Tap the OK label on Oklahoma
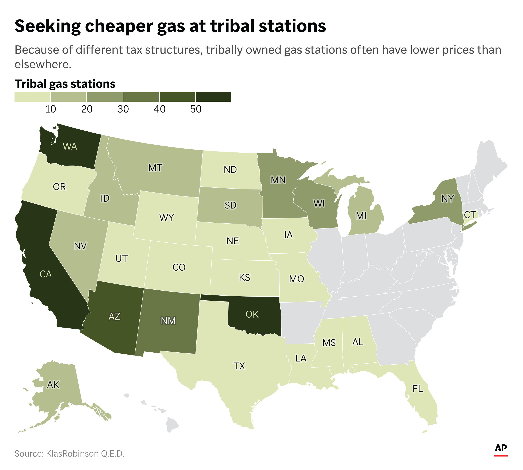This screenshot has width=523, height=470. click(x=252, y=314)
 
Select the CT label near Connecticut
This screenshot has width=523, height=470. click(x=470, y=215)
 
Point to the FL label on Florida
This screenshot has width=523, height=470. click(x=418, y=389)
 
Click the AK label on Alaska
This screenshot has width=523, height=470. click(x=53, y=385)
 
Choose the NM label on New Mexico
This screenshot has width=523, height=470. click(x=168, y=321)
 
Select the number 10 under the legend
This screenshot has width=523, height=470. click(x=51, y=109)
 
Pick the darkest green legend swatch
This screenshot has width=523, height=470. click(x=213, y=97)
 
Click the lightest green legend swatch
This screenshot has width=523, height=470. click(x=32, y=97)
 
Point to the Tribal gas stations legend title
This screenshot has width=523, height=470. click(x=65, y=84)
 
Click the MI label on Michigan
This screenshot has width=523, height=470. click(x=361, y=216)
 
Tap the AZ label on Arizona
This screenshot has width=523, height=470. click(x=114, y=316)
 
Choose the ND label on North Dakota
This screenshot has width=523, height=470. click(x=230, y=170)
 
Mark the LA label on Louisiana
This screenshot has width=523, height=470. click(x=301, y=358)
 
